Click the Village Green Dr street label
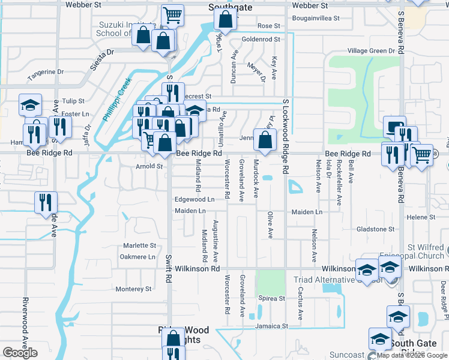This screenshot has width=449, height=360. tap(365, 51)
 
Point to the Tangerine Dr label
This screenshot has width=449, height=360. tap(46, 72)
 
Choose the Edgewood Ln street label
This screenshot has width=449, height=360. tap(194, 199)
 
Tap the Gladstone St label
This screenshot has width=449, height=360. tap(375, 229)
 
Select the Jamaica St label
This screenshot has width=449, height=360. tap(271, 326)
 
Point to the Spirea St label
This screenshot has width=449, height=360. tap(271, 298)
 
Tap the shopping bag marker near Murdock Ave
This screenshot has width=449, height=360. tap(265, 140)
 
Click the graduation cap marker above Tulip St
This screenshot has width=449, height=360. tap(30, 105)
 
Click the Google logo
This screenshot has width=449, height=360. tap(20, 353)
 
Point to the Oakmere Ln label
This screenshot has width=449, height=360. tap(137, 257)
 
